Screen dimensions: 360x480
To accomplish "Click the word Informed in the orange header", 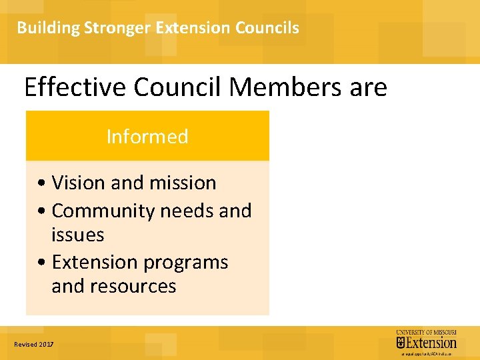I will pos(147,137).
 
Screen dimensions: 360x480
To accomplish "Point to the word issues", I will pos(77,235).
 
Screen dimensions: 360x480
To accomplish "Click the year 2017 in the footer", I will pos(46,345).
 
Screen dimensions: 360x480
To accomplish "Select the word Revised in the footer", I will pos(25,345).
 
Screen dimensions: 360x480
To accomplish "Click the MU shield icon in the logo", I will pos(401,343).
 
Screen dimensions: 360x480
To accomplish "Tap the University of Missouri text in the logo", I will pos(427,332).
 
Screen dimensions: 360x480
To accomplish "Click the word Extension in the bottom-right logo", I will pos(431,343).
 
